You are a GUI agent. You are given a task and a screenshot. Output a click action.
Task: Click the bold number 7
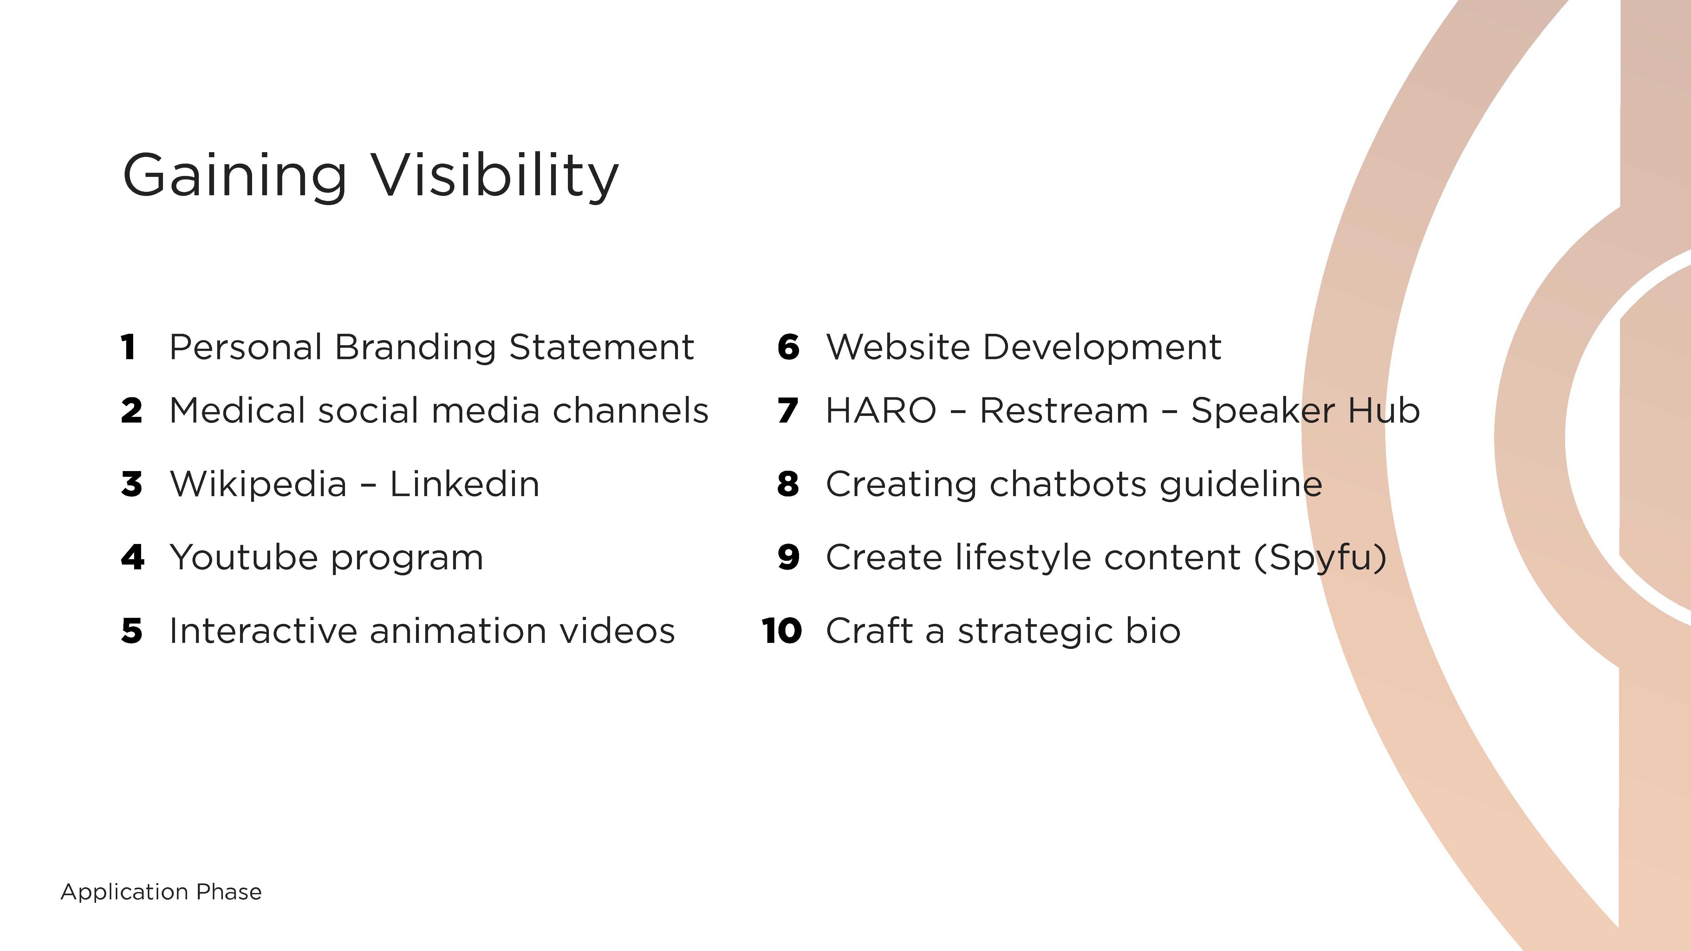pyautogui.click(x=788, y=411)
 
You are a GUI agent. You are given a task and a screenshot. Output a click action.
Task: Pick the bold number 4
pyautogui.click(x=133, y=557)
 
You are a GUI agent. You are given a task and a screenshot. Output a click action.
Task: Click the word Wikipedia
pyautogui.click(x=258, y=484)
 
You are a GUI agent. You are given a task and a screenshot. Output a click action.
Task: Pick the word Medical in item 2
pyautogui.click(x=237, y=411)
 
